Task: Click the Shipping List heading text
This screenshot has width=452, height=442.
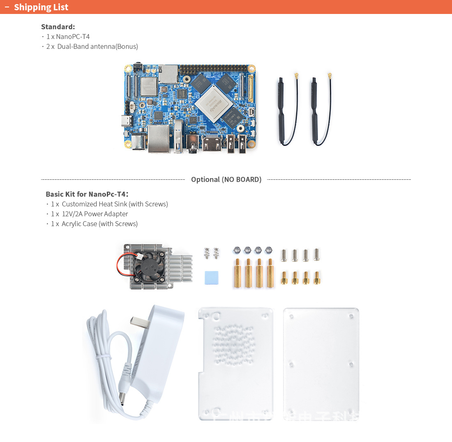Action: click(41, 7)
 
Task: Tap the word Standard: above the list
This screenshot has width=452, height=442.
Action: click(58, 27)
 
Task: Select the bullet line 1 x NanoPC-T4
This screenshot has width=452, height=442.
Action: click(68, 37)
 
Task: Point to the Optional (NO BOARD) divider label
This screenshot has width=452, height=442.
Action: click(226, 179)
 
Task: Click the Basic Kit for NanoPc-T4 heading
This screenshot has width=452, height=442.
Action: click(87, 194)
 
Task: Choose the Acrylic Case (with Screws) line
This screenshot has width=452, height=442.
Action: click(99, 224)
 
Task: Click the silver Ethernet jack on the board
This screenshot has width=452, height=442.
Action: click(159, 138)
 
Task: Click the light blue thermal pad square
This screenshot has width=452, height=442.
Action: click(212, 278)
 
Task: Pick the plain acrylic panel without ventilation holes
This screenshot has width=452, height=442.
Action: click(321, 363)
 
